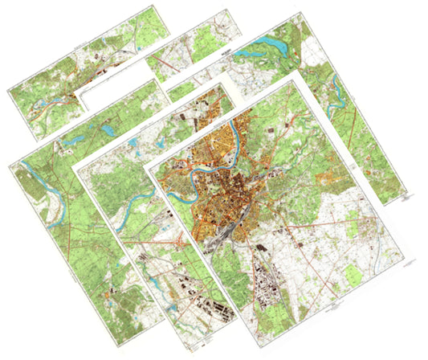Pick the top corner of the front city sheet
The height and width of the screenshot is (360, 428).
coord(296,72)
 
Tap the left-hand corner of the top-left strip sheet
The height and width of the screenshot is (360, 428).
coord(7,89)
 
